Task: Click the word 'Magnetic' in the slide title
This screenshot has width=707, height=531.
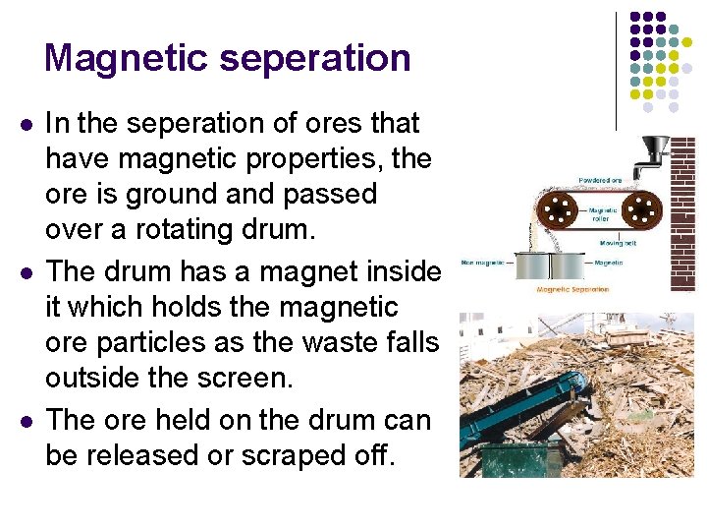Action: point(127,58)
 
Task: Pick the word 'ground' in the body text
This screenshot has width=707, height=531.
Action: point(164,194)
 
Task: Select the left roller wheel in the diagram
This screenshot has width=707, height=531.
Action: point(561,208)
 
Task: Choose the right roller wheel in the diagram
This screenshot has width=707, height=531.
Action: point(643,208)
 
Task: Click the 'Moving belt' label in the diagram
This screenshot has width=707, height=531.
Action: point(619,242)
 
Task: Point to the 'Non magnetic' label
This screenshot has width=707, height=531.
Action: point(483,263)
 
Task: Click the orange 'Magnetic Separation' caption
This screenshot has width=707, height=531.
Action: point(572,290)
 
